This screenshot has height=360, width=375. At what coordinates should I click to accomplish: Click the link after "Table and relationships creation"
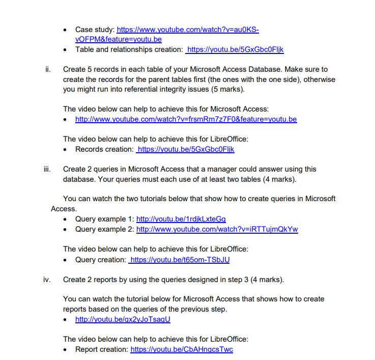pos(236,49)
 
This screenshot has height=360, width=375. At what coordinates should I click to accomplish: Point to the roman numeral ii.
pos(48,69)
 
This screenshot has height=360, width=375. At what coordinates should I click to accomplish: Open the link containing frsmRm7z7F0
pos(186,119)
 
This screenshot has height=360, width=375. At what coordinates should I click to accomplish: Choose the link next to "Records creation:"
pos(186,149)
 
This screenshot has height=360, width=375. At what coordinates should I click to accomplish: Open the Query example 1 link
pos(181,219)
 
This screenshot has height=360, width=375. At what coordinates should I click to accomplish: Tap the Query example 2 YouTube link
pos(217,229)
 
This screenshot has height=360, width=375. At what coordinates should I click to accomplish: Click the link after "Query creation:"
pos(180,260)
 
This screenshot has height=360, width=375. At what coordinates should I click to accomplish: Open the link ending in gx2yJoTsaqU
pos(123,319)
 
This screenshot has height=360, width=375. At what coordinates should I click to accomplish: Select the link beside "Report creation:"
pos(182,349)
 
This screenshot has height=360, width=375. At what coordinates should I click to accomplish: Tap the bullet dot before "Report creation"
pos(65,350)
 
